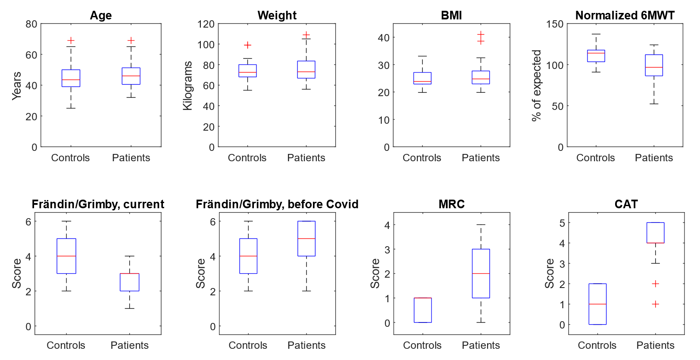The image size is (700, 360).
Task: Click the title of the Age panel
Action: (x=101, y=16)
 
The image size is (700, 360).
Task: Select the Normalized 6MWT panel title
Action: (x=625, y=16)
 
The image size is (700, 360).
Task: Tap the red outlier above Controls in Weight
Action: (x=247, y=45)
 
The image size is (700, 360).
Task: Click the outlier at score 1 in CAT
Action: (x=655, y=304)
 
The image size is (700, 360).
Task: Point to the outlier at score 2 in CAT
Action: (x=655, y=284)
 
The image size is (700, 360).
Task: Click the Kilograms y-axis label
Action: (x=187, y=85)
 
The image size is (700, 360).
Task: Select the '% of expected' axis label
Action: (x=536, y=85)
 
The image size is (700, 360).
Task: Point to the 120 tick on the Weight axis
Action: (x=206, y=24)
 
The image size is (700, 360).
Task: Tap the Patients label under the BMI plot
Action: (x=481, y=158)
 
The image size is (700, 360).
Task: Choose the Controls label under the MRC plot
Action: (x=422, y=345)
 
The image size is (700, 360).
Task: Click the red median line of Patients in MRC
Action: (x=481, y=273)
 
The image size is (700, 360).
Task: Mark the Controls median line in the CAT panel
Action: (x=597, y=304)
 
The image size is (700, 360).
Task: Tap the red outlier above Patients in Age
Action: (x=131, y=41)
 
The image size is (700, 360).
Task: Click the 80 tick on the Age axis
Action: (x=31, y=24)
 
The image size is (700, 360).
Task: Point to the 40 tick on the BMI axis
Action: (x=384, y=38)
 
